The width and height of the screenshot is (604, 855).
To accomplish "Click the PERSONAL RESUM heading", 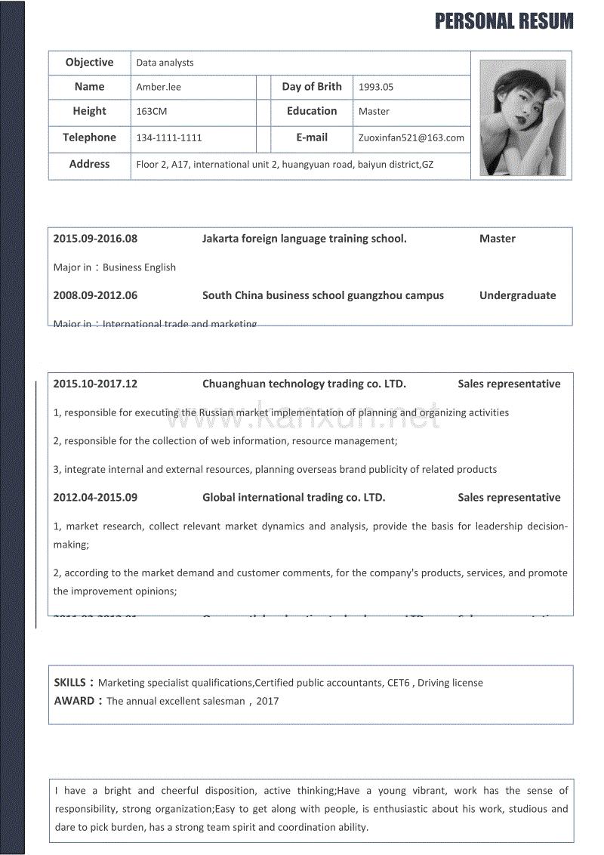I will click(x=504, y=21).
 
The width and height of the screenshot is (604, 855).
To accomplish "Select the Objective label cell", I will click(x=89, y=63).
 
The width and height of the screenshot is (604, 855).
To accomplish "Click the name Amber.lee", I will click(x=159, y=87).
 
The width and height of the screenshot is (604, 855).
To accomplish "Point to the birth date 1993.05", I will click(x=376, y=87).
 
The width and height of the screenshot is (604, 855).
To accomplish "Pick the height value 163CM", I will click(x=152, y=111).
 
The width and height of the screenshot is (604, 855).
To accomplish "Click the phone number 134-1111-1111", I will click(x=169, y=138).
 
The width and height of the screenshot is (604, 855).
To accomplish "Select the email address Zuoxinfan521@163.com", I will click(x=411, y=138).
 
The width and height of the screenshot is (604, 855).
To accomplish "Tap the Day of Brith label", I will click(x=312, y=87).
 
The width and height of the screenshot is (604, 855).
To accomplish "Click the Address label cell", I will click(x=89, y=164).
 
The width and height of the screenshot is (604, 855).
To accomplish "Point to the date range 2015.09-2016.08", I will click(x=95, y=239).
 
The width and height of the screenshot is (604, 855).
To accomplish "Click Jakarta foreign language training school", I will click(x=304, y=239).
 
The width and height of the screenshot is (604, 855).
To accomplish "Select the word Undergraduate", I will click(x=517, y=295).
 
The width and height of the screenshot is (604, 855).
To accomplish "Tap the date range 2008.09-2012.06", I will click(x=95, y=295).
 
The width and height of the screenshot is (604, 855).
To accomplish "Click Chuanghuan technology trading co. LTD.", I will click(x=304, y=384).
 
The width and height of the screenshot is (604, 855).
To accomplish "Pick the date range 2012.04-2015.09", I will click(x=95, y=498).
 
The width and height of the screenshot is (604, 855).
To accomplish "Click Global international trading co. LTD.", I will click(x=294, y=498).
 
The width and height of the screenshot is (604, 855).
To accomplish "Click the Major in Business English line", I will click(x=115, y=267).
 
